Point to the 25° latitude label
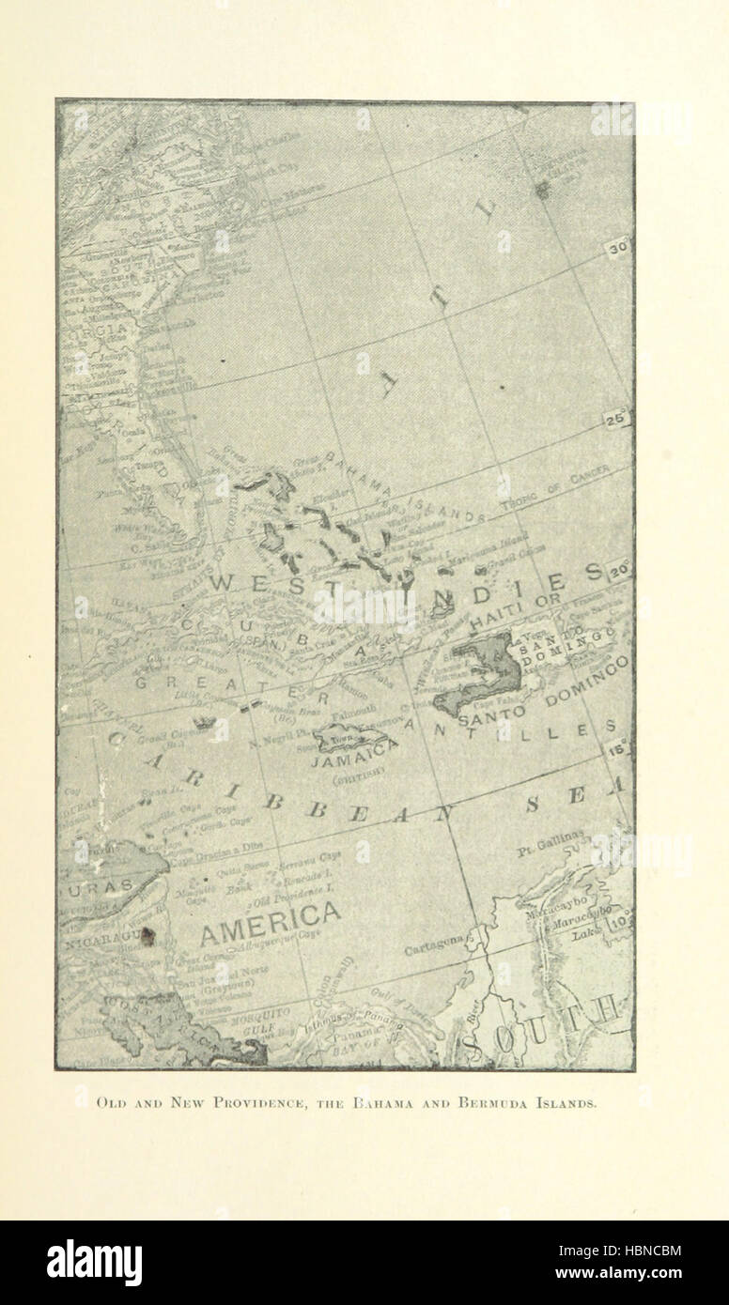[616, 420]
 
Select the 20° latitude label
[617, 570]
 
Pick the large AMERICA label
[271, 914]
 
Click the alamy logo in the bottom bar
[94, 1263]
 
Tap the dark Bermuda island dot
[542, 191]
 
